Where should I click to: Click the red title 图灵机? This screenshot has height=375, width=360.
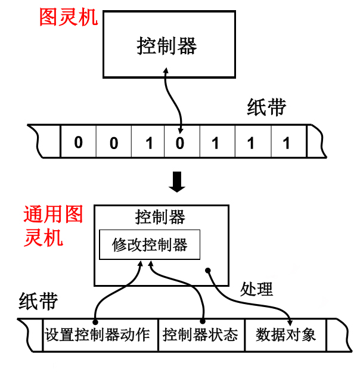[69, 16]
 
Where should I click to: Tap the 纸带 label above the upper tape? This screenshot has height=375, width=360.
[266, 107]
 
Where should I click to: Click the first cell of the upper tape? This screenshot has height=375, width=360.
[78, 142]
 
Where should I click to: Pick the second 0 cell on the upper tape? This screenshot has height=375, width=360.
[114, 142]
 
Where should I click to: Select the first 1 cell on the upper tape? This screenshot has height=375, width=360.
[149, 142]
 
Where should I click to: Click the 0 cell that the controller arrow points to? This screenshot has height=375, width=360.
[181, 142]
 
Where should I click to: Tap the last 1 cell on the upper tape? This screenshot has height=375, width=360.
[287, 142]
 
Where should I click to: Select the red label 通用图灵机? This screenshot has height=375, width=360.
[52, 226]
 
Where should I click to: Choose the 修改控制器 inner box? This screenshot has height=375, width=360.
[149, 244]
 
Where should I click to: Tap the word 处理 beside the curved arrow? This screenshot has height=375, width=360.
[257, 289]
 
